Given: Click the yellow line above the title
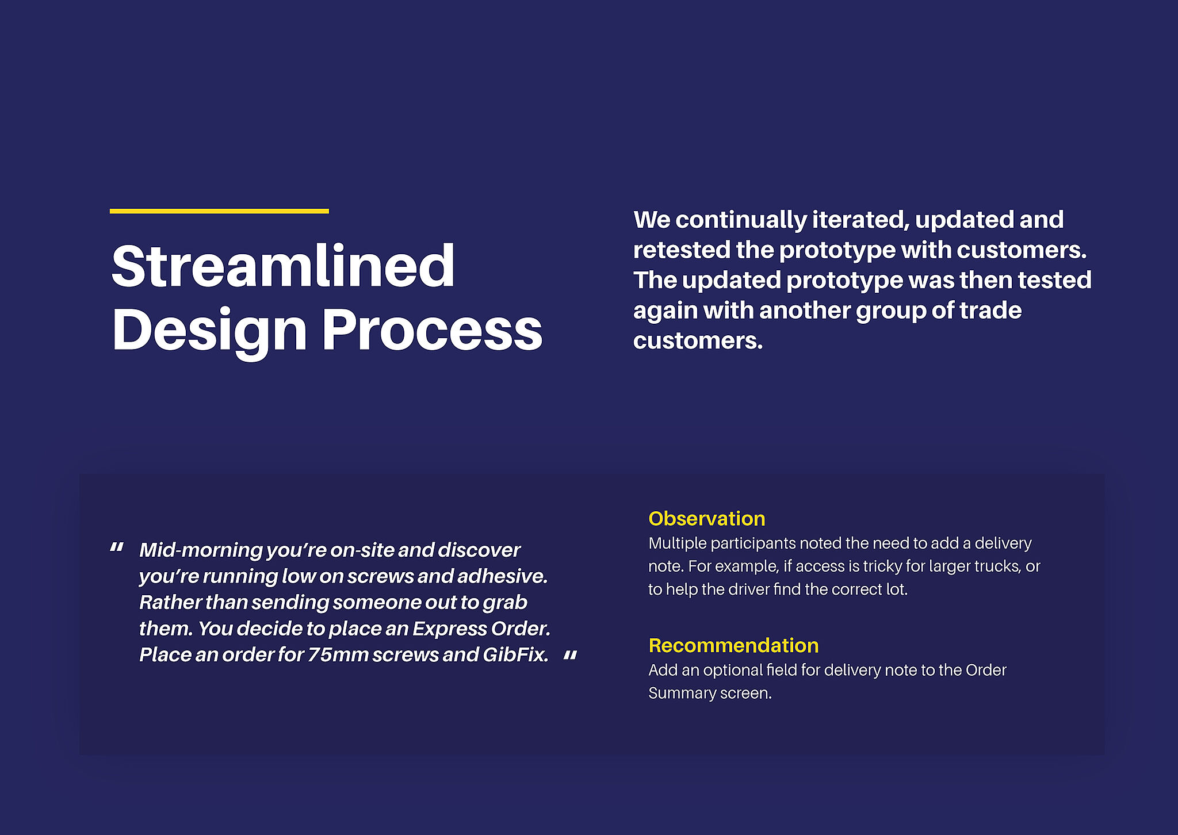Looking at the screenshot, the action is [219, 211].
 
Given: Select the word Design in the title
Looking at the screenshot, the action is [209, 332].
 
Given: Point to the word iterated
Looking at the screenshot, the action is [861, 220].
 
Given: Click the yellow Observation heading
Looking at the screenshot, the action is [707, 519].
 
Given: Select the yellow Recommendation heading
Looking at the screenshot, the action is [733, 645].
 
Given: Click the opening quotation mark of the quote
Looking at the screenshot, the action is [117, 548].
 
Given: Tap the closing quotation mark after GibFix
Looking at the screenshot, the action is [570, 656].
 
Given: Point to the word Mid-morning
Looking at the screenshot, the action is [201, 550].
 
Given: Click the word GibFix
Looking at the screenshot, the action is [515, 655].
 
